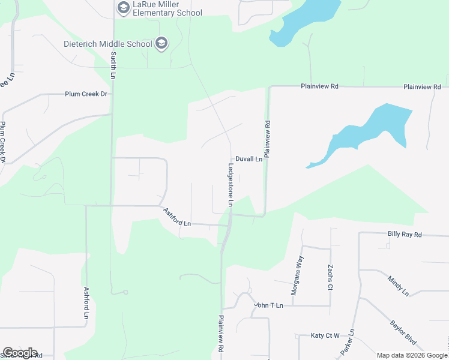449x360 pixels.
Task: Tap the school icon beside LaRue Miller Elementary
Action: tap(124, 8)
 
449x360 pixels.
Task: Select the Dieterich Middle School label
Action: tap(109, 43)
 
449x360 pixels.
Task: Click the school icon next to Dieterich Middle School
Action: tap(161, 43)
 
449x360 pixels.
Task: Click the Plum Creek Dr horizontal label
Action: tap(86, 94)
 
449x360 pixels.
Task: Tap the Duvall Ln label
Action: tap(249, 160)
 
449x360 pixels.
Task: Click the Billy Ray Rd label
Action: tap(405, 234)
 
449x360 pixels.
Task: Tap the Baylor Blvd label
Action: tap(403, 331)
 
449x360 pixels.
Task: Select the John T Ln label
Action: tap(268, 305)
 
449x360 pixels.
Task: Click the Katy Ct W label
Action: tap(325, 335)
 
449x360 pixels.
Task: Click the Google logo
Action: tap(20, 353)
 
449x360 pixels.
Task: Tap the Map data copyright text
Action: tap(412, 355)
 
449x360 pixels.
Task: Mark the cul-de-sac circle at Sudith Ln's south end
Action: tap(125, 292)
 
